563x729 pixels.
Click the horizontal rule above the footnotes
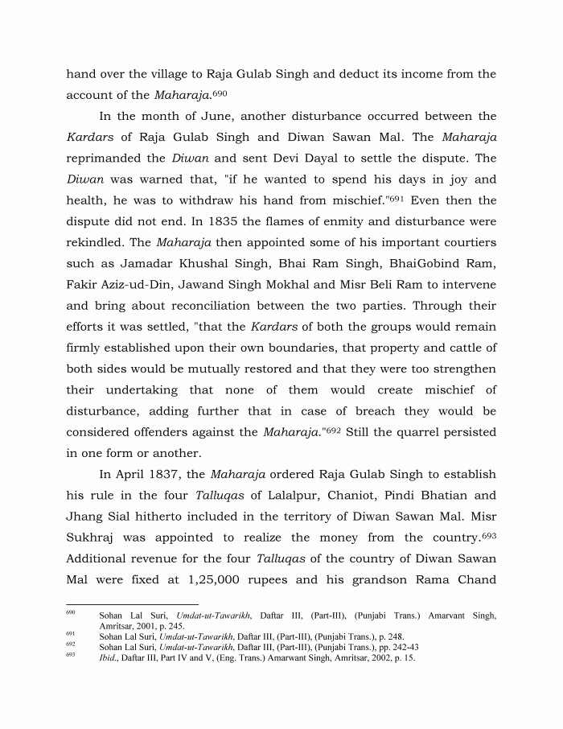coord(132,604)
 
